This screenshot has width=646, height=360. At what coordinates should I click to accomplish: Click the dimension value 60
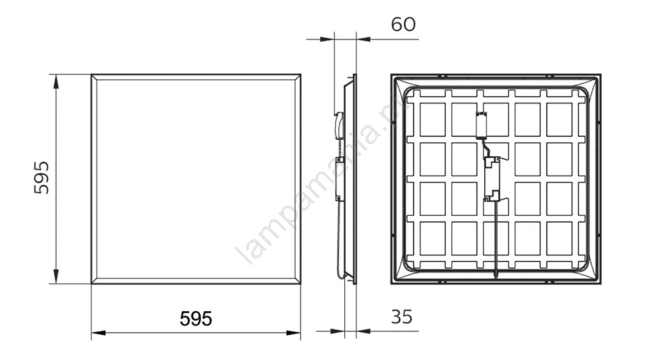403,25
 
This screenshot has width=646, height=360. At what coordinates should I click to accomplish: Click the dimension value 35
401,316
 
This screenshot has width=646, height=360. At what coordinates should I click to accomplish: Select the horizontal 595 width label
196,318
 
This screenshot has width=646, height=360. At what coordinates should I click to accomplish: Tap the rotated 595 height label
41,178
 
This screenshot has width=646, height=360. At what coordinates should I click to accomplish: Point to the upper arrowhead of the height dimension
56,81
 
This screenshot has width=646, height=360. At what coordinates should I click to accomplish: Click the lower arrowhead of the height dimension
56,276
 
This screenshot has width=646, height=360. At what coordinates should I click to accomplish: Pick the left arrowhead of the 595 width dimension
98,332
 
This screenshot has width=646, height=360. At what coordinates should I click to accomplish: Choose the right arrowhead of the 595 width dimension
293,332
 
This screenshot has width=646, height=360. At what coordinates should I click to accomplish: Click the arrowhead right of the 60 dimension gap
363,40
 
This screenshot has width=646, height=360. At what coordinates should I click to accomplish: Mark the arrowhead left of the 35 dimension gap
338,331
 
